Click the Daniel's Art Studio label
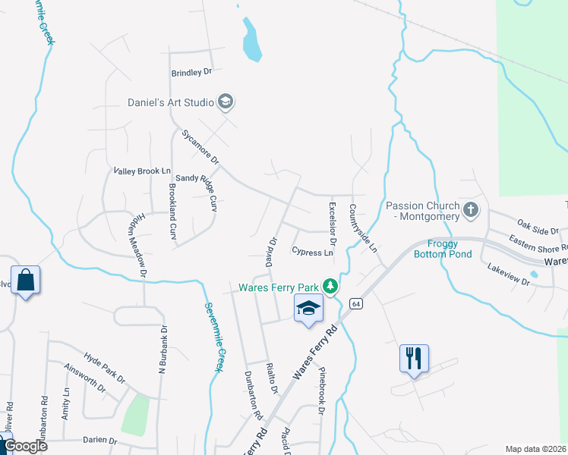(x=172, y=101)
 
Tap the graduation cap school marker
(x=308, y=309)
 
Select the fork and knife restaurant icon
(x=414, y=358)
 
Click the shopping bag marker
(x=25, y=280)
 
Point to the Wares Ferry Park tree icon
(x=330, y=287)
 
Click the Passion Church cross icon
(x=471, y=210)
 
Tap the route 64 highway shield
(x=355, y=303)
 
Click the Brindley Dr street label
(x=191, y=73)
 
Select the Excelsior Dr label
(x=332, y=218)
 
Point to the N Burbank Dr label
(x=161, y=350)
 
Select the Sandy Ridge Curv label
(x=197, y=193)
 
